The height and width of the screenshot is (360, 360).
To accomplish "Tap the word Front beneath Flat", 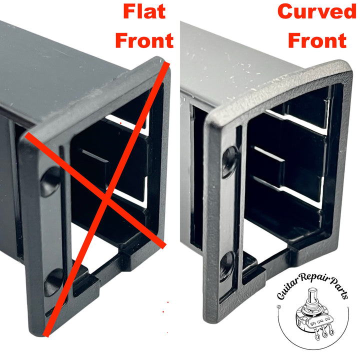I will coord(144,40).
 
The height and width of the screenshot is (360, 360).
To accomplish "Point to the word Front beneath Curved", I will coord(316,40).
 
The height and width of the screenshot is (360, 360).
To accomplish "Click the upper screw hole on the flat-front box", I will coord(50,180).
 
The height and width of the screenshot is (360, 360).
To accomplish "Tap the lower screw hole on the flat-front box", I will coord(54,283).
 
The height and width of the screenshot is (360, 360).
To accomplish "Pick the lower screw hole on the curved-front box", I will coord(227,264).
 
